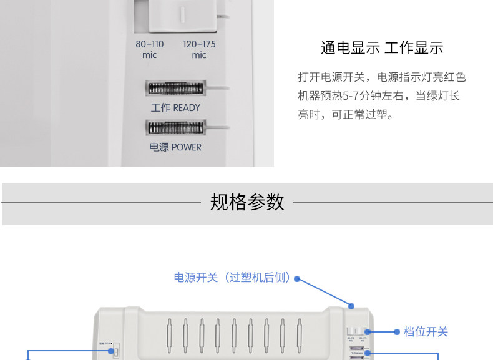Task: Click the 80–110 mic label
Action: pyautogui.click(x=149, y=49)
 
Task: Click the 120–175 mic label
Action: pyautogui.click(x=199, y=49)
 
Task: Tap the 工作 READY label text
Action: pyautogui.click(x=175, y=108)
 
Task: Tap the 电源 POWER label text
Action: pyautogui.click(x=175, y=147)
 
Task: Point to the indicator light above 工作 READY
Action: pyautogui.click(x=175, y=89)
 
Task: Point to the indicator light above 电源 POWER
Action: pyautogui.click(x=175, y=128)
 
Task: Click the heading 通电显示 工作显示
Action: pyautogui.click(x=381, y=48)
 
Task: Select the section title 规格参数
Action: pyautogui.click(x=247, y=202)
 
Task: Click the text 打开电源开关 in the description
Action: pyautogui.click(x=329, y=77)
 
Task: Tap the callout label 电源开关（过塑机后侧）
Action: pyautogui.click(x=232, y=278)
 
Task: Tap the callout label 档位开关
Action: pyautogui.click(x=426, y=332)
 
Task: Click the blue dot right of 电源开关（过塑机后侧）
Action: pyautogui.click(x=297, y=279)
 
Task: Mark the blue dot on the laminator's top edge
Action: pyautogui.click(x=352, y=306)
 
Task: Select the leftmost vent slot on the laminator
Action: pyautogui.click(x=168, y=336)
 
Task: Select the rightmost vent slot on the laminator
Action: pyautogui.click(x=298, y=336)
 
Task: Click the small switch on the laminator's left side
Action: pyautogui.click(x=115, y=353)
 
